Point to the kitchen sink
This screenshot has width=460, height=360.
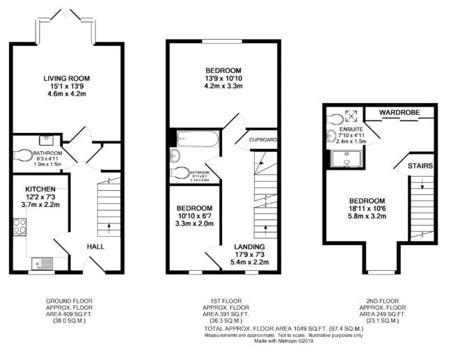40,263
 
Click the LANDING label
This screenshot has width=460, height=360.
249,247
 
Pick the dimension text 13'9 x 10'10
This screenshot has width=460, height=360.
223,80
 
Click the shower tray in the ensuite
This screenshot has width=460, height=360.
341,159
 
